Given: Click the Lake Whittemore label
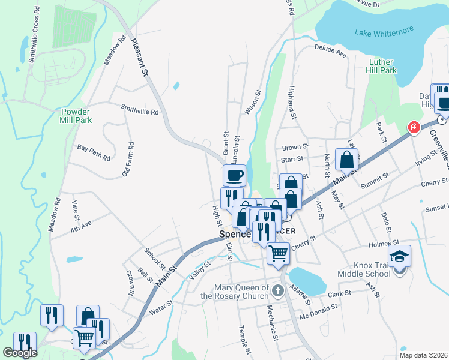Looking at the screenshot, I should coord(379,34).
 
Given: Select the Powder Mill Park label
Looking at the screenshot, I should coord(76,116).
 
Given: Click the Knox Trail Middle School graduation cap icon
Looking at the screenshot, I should coord(399,256).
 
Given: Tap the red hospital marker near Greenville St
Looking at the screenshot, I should coord(413,127).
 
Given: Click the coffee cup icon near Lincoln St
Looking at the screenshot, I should coord(234,175).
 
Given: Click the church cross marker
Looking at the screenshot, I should coord(277,292).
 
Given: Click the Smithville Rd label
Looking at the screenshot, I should coord(139,110).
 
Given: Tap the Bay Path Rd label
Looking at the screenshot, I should coord(94,152).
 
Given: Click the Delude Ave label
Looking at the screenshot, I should coord(331,51).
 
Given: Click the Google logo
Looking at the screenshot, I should coord(19,353).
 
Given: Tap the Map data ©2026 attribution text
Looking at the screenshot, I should coord(423,355).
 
